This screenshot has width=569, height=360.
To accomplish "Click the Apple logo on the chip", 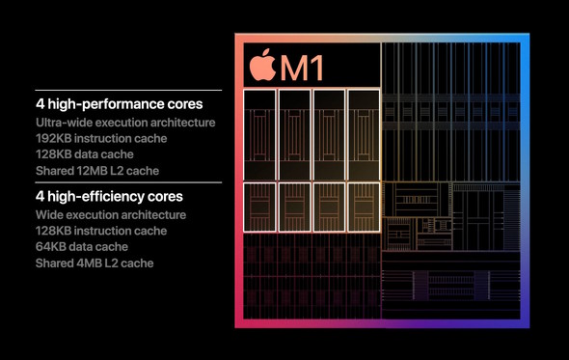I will coord(262,66).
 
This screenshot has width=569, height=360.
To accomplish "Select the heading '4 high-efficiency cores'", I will coord(109,196).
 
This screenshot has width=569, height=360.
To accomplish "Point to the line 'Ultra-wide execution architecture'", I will coord(125,123).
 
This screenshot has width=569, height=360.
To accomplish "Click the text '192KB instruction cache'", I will coord(101,138).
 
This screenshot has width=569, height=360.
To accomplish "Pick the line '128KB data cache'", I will coord(84,153).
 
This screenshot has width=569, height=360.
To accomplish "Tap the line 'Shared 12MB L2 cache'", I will coord(97,170).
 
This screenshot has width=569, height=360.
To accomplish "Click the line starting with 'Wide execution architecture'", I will coord(111,214).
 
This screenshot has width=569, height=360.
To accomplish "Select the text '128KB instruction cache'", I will coord(101,231).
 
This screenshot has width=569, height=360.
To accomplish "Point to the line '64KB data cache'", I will coord(81,246).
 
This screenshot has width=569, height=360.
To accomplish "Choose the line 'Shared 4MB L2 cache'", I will coord(95,263).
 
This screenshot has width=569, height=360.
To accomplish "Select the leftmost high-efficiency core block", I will coord(260,206).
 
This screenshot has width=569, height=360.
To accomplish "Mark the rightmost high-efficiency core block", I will coord(363,206).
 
